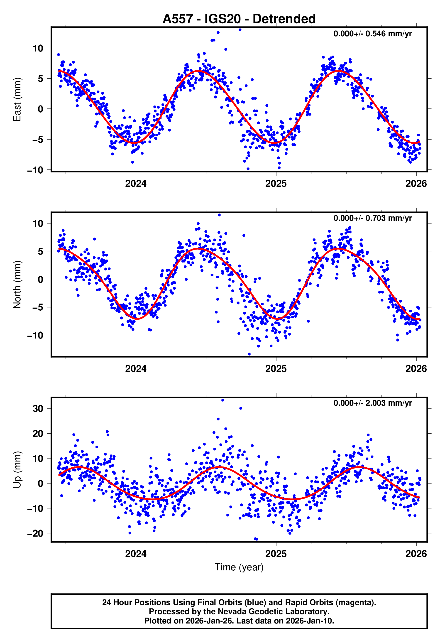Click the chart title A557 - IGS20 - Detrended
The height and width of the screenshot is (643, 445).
coord(239,19)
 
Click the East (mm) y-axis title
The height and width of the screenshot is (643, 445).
coord(17,99)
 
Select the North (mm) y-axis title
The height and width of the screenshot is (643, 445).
coord(17,285)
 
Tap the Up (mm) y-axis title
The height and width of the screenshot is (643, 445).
coord(17,470)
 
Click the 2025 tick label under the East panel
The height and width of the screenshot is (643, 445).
coord(276,184)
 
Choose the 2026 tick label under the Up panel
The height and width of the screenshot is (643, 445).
coord(416,554)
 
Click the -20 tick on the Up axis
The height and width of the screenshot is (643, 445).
coord(35,533)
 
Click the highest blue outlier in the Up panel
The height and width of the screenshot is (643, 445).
coord(222,400)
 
